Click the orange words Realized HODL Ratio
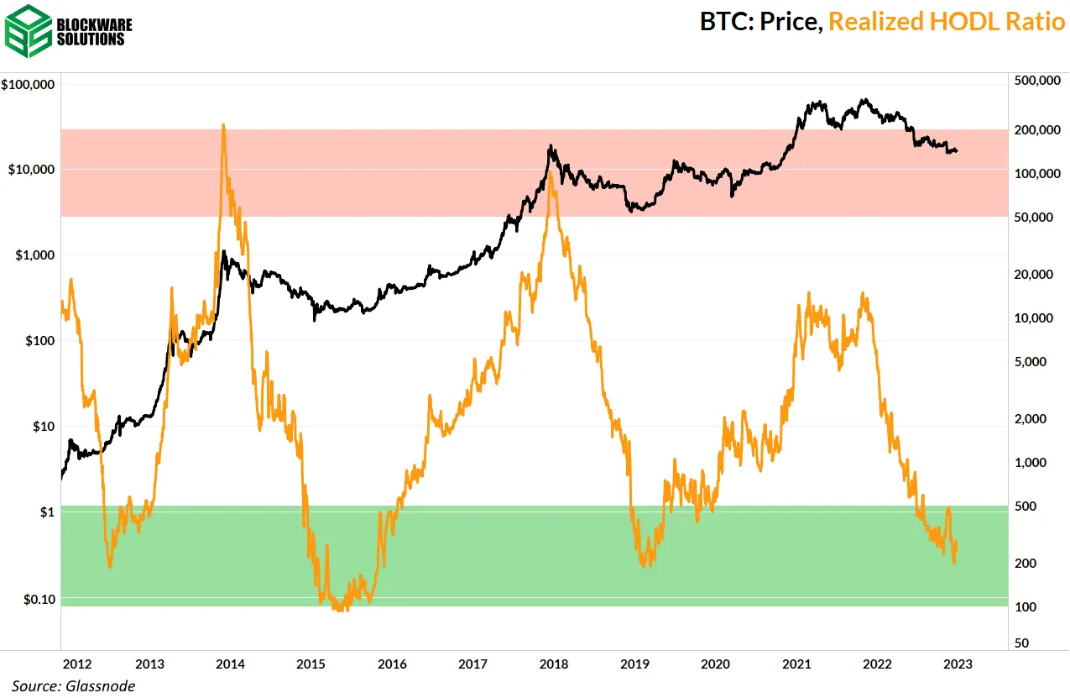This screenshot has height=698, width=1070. tap(947, 22)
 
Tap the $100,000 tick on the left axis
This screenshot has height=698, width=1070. tap(29, 85)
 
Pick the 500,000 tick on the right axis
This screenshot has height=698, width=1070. tap(1037, 81)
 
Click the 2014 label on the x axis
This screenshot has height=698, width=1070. tap(230, 664)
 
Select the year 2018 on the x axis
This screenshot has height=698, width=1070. tap(552, 664)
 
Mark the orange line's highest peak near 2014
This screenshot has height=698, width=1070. tap(222, 125)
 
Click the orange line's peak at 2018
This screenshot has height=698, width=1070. tap(550, 175)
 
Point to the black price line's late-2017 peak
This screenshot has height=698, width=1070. tap(550, 146)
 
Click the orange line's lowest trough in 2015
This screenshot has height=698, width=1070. tap(339, 611)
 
